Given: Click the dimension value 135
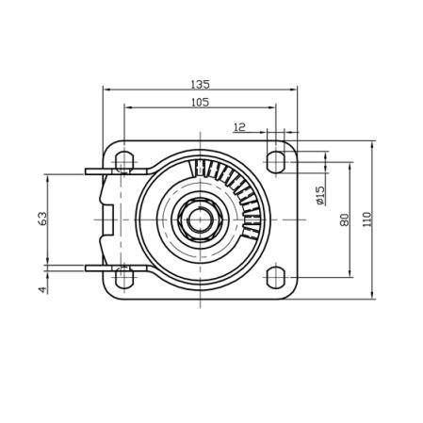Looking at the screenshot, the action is (200, 84).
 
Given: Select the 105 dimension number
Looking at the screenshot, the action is (200, 103).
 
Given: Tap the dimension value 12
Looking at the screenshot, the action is (239, 127).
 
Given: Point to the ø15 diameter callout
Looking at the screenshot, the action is (320, 195).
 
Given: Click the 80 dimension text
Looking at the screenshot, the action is (344, 220).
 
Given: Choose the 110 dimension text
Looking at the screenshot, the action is (366, 220).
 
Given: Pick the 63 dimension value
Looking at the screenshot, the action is (42, 219).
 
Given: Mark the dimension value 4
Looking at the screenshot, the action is (42, 289).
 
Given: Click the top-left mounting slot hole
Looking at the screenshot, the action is (124, 162).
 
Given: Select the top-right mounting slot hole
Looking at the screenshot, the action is (276, 162).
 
